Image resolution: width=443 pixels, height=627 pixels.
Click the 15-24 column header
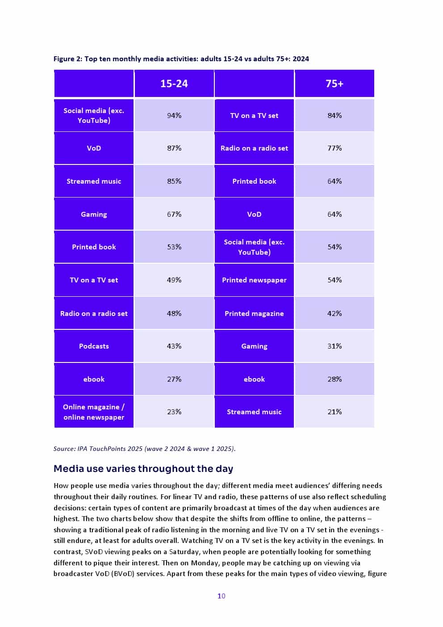(x=174, y=84)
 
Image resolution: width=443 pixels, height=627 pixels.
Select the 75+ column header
(x=334, y=84)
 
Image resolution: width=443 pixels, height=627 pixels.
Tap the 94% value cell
(x=174, y=115)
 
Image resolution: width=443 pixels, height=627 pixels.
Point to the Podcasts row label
(x=94, y=346)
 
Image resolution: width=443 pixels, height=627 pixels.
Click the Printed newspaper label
(x=254, y=280)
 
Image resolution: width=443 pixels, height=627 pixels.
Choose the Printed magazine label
(x=254, y=313)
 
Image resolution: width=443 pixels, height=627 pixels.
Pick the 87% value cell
(x=174, y=148)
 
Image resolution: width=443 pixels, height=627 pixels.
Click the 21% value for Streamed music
(x=334, y=412)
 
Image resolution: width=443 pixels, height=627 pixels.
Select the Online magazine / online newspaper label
(x=94, y=412)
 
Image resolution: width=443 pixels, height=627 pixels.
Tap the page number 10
(x=221, y=596)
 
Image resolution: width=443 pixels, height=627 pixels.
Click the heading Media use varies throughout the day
(x=143, y=469)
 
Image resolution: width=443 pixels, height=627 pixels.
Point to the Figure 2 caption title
(x=181, y=59)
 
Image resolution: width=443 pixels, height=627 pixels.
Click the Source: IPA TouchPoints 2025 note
(x=144, y=448)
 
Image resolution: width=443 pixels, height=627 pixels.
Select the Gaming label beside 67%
(x=94, y=214)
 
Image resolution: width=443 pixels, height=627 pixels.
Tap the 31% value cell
(x=334, y=346)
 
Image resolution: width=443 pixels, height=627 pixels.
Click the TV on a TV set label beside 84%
(x=254, y=115)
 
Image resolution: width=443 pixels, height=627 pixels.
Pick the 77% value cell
(x=334, y=148)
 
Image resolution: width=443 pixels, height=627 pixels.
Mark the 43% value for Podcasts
(x=174, y=346)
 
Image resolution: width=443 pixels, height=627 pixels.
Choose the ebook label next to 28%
(x=254, y=379)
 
